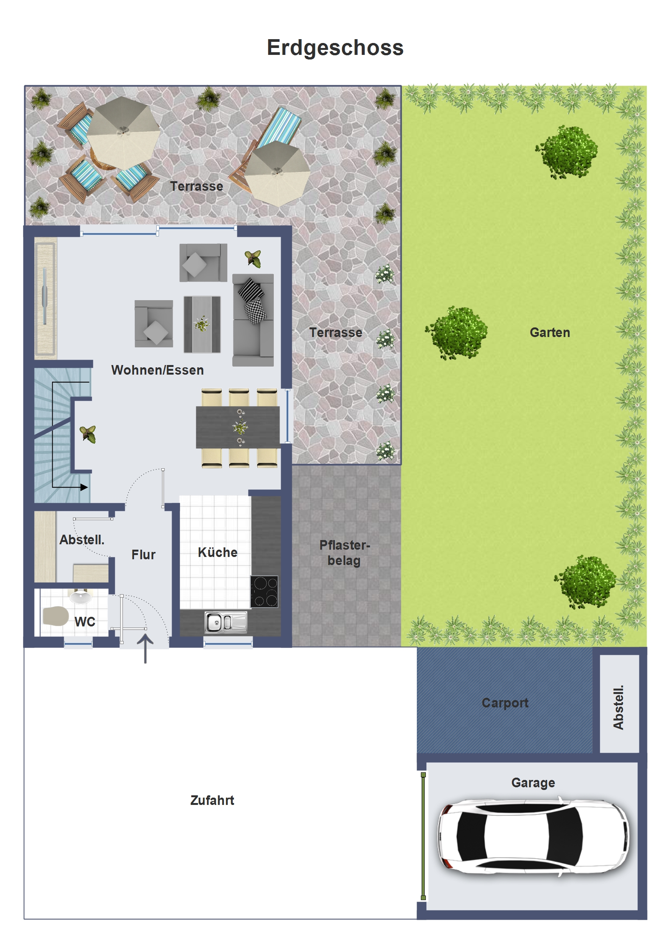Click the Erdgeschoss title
point(335,48)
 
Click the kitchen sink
point(226,622)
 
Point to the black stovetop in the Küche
point(264,591)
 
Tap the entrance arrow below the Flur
point(145,649)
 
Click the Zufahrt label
point(212,800)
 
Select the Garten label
point(550,332)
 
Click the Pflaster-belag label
point(344,553)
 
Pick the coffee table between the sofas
point(202,324)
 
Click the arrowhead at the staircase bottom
point(84,487)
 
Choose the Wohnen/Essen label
point(157,370)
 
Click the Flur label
point(143,554)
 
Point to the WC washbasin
point(81,597)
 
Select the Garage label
point(533,783)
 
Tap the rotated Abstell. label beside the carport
point(618,707)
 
